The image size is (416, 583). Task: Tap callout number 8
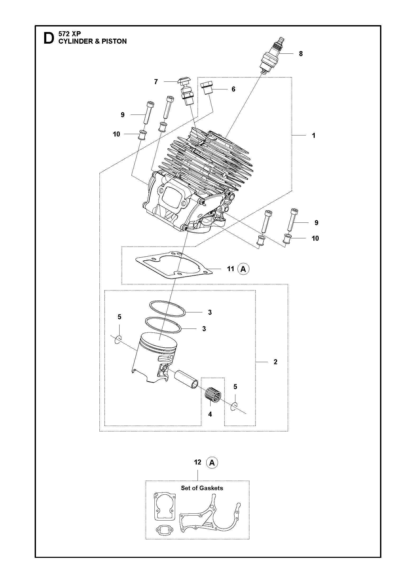(x=301, y=54)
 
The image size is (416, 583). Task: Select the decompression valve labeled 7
(x=186, y=91)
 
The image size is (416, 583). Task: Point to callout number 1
(x=314, y=135)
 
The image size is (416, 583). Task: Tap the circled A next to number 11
(x=243, y=269)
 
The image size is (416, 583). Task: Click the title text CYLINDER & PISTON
(x=93, y=41)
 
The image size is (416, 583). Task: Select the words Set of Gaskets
(x=202, y=488)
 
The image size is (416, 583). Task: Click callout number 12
(x=198, y=462)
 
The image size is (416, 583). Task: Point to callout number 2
(x=276, y=362)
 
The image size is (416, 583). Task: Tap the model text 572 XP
(x=70, y=34)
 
